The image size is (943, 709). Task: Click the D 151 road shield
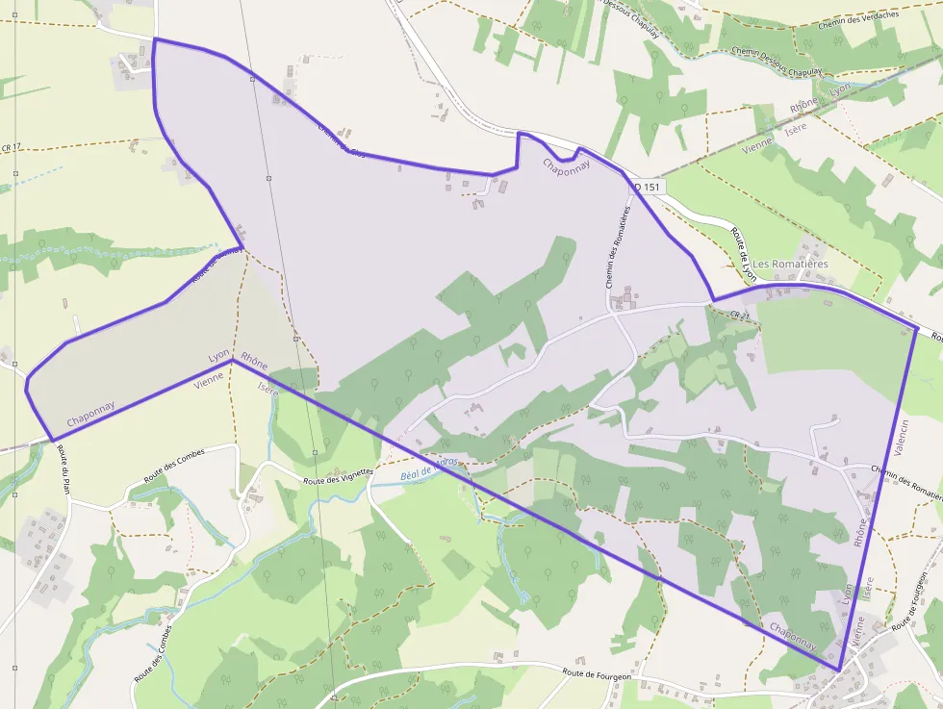pos(646,187)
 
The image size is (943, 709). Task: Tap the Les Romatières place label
pos(790,264)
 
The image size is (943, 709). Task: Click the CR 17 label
pos(12,147)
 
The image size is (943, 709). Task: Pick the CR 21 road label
pos(739,315)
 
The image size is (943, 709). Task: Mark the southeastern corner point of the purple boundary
pos(839,670)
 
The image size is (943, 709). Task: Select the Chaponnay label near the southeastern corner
pos(793,642)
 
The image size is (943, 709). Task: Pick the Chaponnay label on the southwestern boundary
pos(91,414)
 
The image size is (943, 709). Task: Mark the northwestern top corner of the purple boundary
pos(154,39)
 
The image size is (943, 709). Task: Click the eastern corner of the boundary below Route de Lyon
pos(917,330)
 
